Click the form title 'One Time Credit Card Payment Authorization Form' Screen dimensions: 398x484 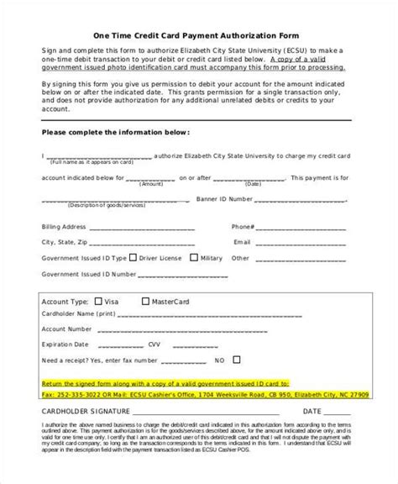[x=199, y=34]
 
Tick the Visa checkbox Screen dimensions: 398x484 [x=100, y=301]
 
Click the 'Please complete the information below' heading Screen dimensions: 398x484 [x=115, y=133]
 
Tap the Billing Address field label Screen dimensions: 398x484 [x=65, y=227]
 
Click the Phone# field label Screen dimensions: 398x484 [x=243, y=227]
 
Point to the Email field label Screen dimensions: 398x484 [x=242, y=242]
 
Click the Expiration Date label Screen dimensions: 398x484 [x=68, y=322]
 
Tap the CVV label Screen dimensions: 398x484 [x=153, y=322]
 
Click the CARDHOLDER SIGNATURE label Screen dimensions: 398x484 [x=84, y=389]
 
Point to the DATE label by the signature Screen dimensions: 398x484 [x=312, y=389]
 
